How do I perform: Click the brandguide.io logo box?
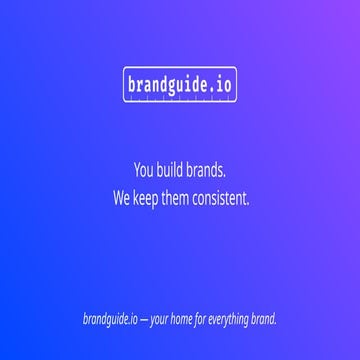coord(180,86)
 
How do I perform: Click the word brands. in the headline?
coord(207,170)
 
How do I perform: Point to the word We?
coord(123,198)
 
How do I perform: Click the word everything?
coord(236,320)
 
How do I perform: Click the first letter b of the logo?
coord(132,86)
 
